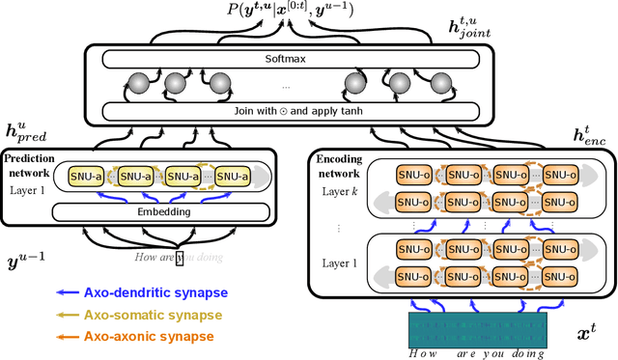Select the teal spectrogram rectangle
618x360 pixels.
(x=478, y=328)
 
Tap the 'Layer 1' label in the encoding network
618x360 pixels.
(x=340, y=263)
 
